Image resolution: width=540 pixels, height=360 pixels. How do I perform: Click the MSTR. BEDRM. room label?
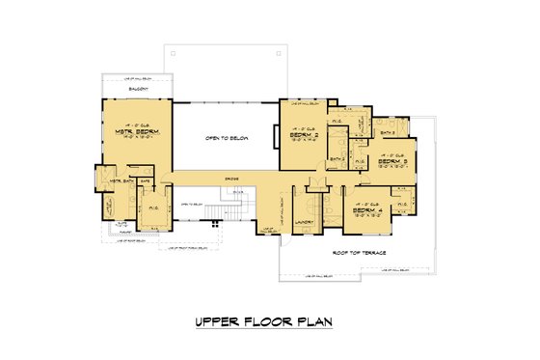pyautogui.click(x=136, y=133)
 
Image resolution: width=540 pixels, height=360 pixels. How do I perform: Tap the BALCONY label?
pyautogui.click(x=136, y=88)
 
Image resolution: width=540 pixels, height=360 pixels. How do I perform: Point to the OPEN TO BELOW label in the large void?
pyautogui.click(x=227, y=138)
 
